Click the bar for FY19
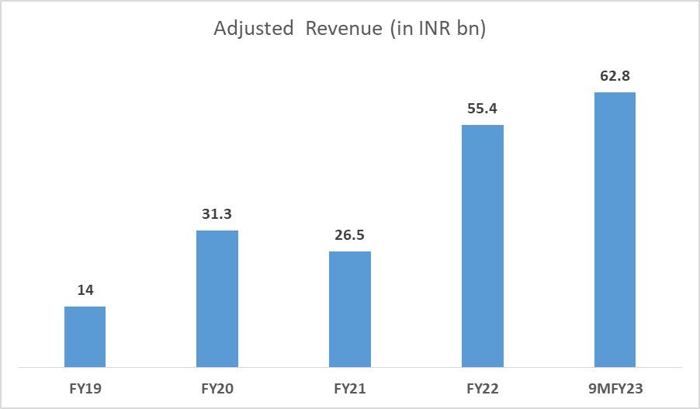pos(85,336)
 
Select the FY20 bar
pos(217,299)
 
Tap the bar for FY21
pos(350,309)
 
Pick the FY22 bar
pos(483,245)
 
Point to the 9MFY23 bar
pos(615,229)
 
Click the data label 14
pos(85,290)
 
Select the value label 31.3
pos(217,214)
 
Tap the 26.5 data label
pos(350,235)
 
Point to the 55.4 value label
pos(483,109)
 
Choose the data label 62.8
pos(615,76)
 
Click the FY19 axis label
pos(85,386)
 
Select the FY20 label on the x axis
pos(217,386)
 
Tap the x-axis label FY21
pos(350,386)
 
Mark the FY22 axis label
pos(483,386)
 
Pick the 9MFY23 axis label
pos(615,386)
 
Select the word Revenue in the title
pos(339,30)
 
